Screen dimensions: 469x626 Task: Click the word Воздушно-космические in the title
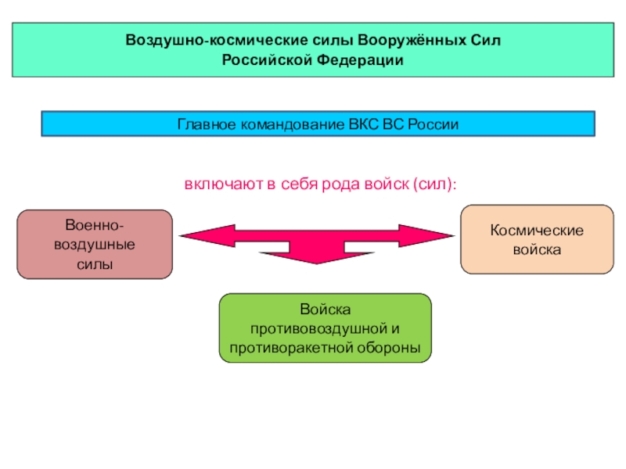point(192,40)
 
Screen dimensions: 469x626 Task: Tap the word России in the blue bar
point(434,124)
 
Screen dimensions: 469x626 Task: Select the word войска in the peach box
point(537,251)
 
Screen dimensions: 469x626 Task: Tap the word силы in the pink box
point(95,264)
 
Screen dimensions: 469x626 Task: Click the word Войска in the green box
point(325,310)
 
